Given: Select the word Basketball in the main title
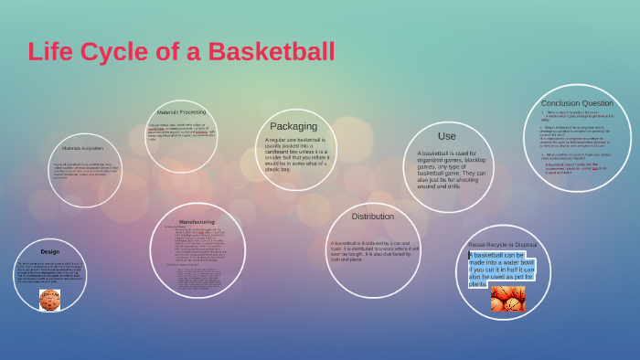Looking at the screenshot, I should point(271,51).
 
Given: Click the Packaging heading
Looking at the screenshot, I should point(293,126).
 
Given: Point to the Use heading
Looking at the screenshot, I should point(447,136).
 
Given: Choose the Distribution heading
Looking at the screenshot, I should point(373,217).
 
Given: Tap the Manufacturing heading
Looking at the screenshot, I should point(197,222).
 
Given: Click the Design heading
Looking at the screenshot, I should point(49,251).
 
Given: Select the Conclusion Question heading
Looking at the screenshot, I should point(577,103).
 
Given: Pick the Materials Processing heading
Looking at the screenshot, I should point(181,112).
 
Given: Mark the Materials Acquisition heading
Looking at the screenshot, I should point(83,147).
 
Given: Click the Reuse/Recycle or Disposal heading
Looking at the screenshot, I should point(503,245).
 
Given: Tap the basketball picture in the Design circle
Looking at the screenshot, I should point(49,299).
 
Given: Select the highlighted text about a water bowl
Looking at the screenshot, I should point(502,269).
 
